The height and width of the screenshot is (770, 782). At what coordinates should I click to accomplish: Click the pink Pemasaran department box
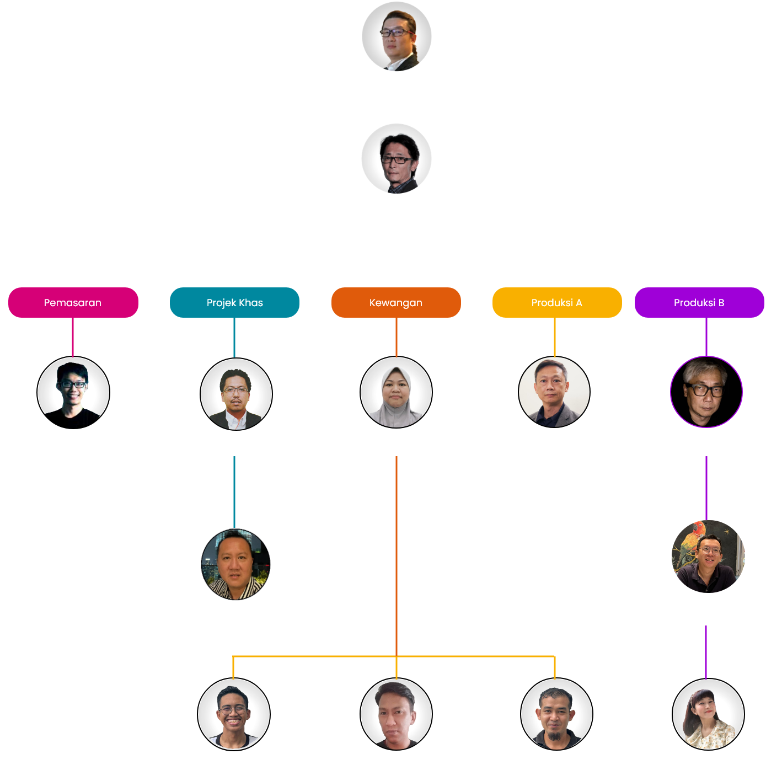(x=73, y=302)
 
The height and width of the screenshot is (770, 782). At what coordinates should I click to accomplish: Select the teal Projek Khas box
(x=234, y=302)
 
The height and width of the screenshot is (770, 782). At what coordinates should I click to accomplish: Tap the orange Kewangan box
(x=396, y=302)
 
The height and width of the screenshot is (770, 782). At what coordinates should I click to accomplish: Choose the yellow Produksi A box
(x=557, y=302)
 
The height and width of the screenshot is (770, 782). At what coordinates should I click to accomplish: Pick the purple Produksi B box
(x=699, y=302)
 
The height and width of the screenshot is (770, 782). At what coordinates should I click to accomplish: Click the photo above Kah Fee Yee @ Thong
(x=397, y=36)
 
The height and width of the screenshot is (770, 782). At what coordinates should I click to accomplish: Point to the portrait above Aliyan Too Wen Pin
(x=397, y=159)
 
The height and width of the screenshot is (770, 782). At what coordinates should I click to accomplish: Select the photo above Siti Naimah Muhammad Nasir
(x=396, y=393)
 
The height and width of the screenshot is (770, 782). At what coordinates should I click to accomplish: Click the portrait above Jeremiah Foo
(x=706, y=392)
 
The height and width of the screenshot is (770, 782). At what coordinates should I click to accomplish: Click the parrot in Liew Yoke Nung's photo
(x=696, y=533)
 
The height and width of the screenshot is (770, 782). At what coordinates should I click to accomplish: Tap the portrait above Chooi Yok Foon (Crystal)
(x=708, y=714)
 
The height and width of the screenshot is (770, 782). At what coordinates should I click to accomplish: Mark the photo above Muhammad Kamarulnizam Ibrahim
(x=396, y=714)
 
